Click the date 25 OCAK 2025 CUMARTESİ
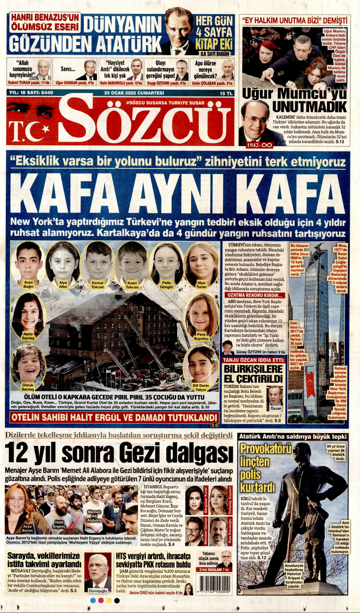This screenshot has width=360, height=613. pyautogui.click(x=134, y=93)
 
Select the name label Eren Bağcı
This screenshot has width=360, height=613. pyautogui.click(x=28, y=284)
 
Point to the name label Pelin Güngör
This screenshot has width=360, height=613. pyautogui.click(x=166, y=285)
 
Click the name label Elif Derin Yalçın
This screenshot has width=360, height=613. pyautogui.click(x=201, y=387)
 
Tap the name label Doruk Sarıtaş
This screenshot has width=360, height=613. pyautogui.click(x=28, y=387)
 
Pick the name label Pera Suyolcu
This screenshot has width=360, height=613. pyautogui.click(x=201, y=337)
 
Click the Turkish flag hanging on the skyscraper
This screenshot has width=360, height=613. pyautogui.click(x=310, y=382)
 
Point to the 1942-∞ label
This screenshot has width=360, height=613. pyautogui.click(x=259, y=145)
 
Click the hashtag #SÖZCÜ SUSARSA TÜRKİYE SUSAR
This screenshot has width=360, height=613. pyautogui.click(x=165, y=103)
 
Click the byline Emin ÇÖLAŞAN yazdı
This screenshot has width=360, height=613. pyautogui.click(x=212, y=83)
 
